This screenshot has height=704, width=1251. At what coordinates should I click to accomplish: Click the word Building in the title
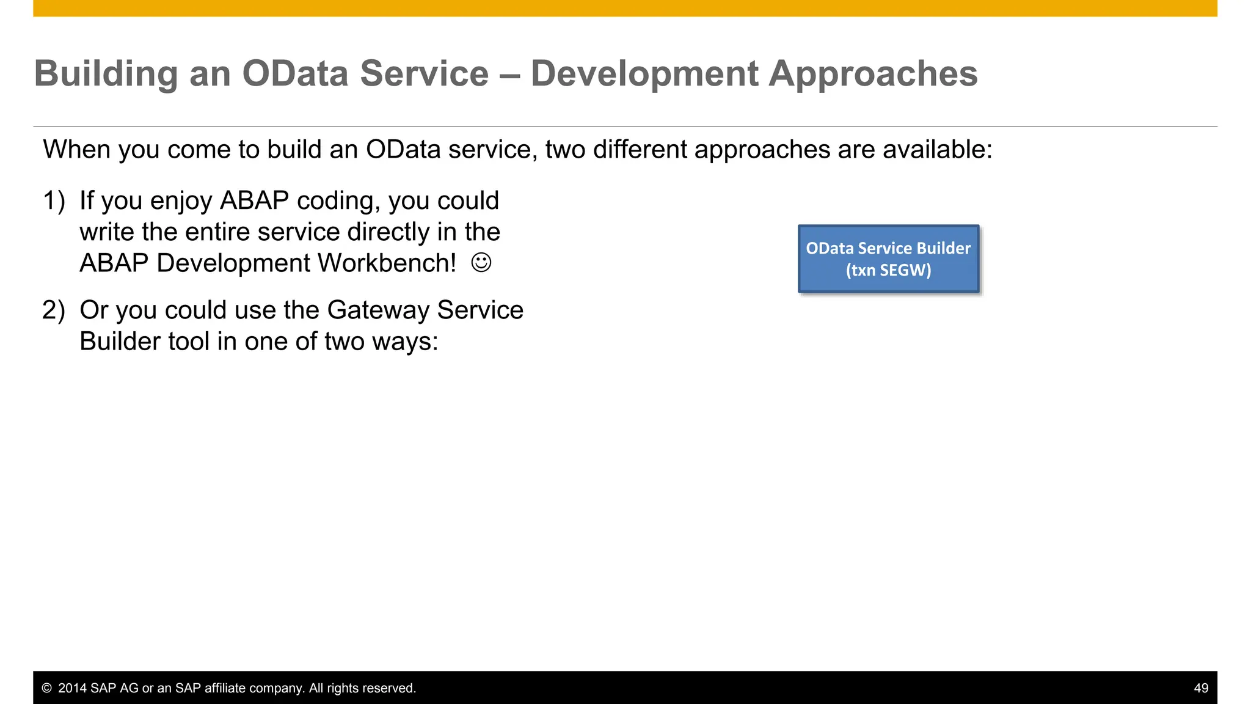tap(106, 74)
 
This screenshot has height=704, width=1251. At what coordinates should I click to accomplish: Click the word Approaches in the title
tap(873, 74)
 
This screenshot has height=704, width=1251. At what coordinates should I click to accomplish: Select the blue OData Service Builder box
tap(888, 258)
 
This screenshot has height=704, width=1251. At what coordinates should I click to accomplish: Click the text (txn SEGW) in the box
tap(888, 270)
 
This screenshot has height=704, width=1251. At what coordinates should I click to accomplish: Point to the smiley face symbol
tap(481, 263)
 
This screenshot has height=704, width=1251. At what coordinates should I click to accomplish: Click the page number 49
tap(1200, 688)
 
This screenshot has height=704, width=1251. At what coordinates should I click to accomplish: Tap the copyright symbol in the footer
tap(46, 688)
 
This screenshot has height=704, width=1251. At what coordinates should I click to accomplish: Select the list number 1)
tap(54, 201)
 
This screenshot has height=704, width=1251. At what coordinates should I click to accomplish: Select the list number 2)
tap(54, 310)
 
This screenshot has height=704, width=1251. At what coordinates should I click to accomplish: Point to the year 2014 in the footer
tap(72, 688)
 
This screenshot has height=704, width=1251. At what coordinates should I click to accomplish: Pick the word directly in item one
tap(388, 232)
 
